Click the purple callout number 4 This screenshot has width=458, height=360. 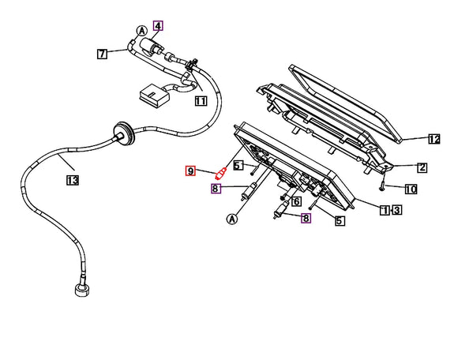pos(158,26)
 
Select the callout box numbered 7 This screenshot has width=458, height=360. pos(102,54)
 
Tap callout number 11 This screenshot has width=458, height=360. pos(201,101)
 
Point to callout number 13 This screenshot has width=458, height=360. pos(73,180)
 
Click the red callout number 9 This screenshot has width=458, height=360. pos(190,171)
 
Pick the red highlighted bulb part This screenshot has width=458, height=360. pos(221,173)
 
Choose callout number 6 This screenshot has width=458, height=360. pos(296,201)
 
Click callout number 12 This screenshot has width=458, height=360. pos(434,139)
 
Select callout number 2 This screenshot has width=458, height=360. pos(422,167)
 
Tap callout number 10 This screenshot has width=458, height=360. pos(411,189)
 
